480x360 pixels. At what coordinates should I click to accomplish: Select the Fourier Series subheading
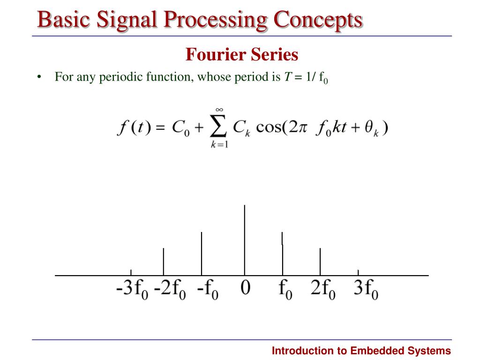241,55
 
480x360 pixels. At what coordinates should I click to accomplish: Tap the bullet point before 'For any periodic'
39,77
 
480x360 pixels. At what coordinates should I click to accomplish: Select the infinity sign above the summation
218,110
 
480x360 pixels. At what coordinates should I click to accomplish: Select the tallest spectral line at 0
244,239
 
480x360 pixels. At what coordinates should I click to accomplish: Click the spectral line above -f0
202,253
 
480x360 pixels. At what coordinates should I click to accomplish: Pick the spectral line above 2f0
320,261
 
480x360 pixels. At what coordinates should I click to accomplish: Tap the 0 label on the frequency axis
245,288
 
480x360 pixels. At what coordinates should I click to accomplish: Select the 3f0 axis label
366,290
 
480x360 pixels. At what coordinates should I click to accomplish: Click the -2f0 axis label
170,290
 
